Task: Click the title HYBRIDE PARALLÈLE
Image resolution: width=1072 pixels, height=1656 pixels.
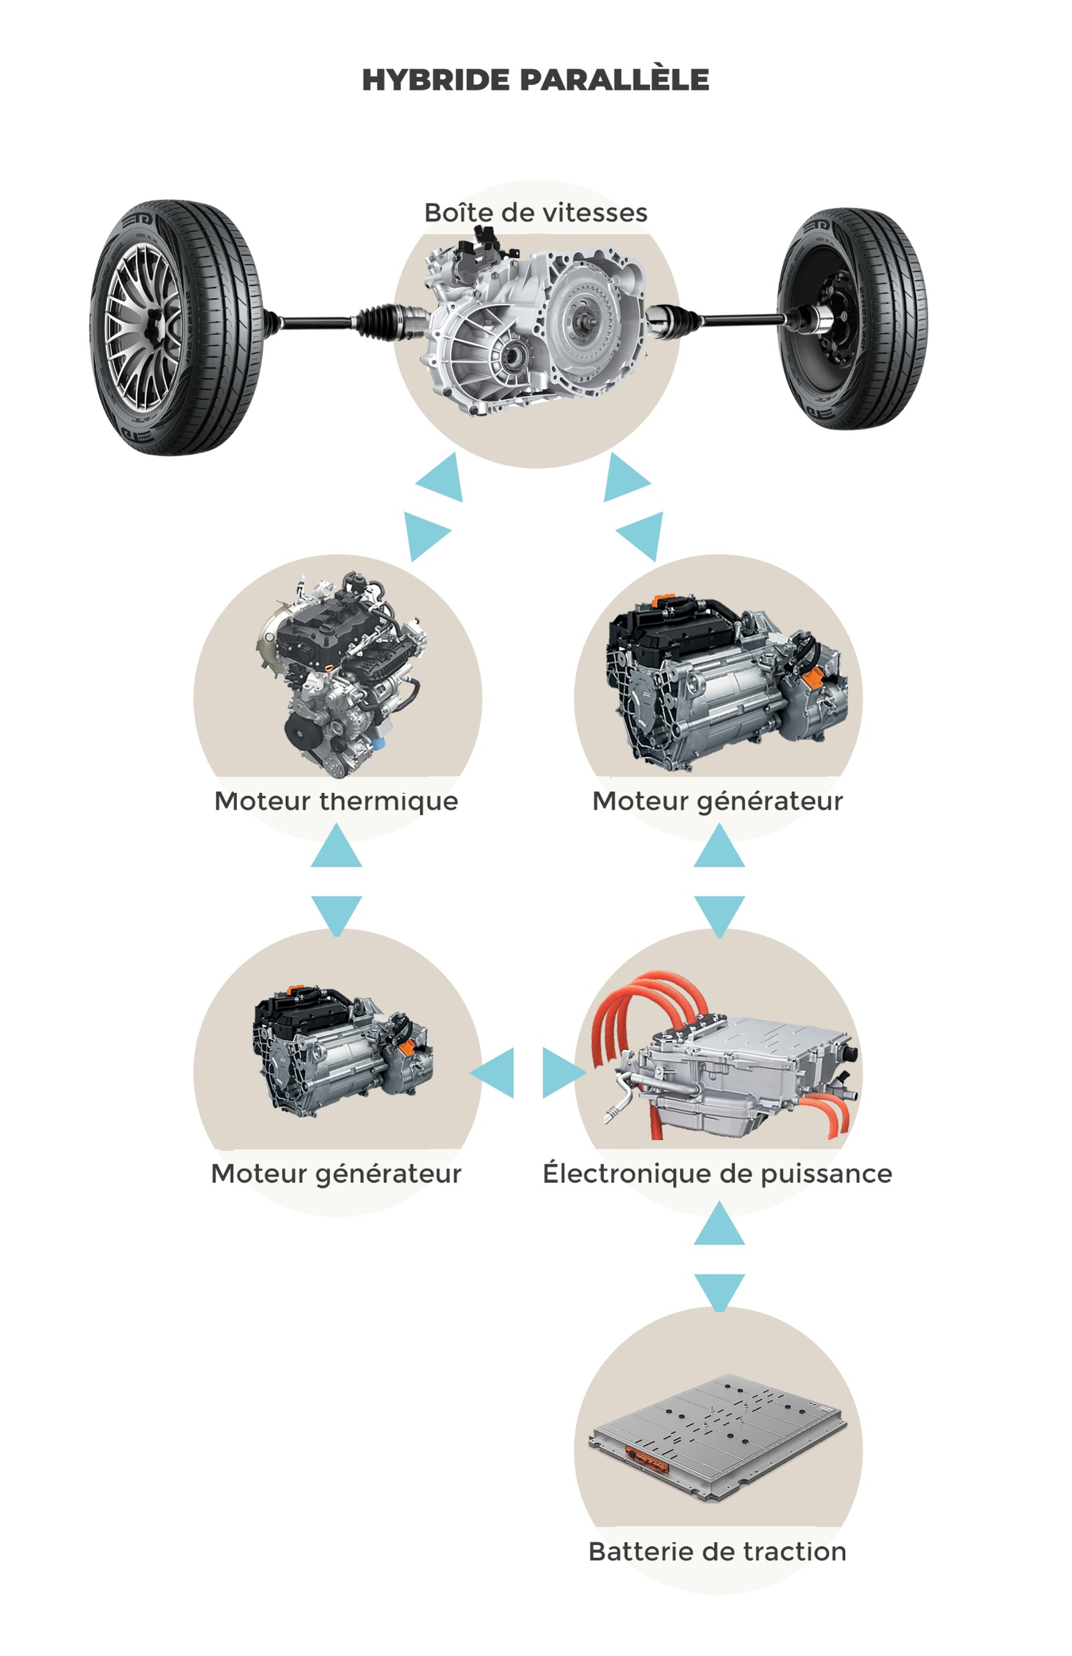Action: tap(535, 80)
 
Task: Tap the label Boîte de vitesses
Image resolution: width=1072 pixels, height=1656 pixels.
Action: tap(535, 212)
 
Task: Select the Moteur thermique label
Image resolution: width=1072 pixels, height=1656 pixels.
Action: tap(336, 801)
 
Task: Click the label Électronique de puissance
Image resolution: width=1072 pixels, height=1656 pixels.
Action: tap(717, 1173)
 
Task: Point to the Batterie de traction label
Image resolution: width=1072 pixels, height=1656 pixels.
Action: tap(717, 1552)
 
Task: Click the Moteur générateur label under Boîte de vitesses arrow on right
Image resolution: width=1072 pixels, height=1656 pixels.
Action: tap(717, 801)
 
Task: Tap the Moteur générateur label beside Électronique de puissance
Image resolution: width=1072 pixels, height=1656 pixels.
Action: tap(336, 1173)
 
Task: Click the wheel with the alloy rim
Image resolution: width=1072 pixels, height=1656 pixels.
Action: tap(174, 327)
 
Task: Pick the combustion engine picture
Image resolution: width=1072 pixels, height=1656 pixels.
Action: tap(341, 672)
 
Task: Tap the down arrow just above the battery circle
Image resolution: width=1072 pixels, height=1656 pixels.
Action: tap(719, 1290)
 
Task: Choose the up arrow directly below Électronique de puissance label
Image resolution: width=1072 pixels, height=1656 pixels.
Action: tap(719, 1226)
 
